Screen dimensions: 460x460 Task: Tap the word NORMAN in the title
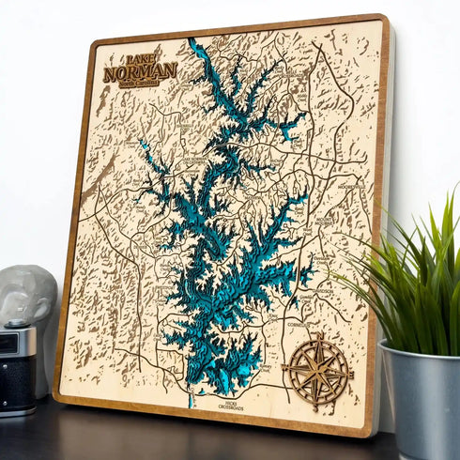[x=140, y=70]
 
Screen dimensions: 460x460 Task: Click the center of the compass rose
[x=318, y=370]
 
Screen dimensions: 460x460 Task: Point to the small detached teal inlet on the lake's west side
[x=146, y=147]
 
